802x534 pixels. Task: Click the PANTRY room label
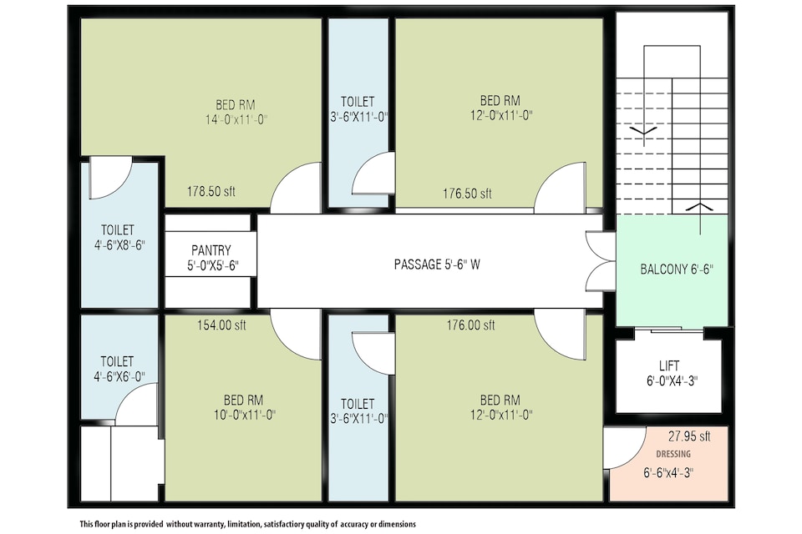(211, 250)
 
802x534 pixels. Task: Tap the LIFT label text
(669, 365)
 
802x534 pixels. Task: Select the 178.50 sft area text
(211, 192)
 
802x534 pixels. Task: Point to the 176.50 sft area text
(467, 194)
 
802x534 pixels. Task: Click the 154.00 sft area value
(221, 325)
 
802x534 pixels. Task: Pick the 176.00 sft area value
(470, 325)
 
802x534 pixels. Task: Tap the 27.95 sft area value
(689, 436)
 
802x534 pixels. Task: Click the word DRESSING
(673, 454)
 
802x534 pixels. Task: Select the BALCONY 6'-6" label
(677, 270)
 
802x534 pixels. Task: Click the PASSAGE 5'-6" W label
(437, 264)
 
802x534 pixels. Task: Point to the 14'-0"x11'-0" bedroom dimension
(236, 120)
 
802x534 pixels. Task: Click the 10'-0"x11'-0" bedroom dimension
(245, 415)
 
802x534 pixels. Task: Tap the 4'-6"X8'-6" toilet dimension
(119, 244)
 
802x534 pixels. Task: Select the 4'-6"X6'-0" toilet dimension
(119, 376)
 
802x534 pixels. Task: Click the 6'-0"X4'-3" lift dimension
(672, 380)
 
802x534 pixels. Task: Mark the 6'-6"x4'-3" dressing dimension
(668, 473)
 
